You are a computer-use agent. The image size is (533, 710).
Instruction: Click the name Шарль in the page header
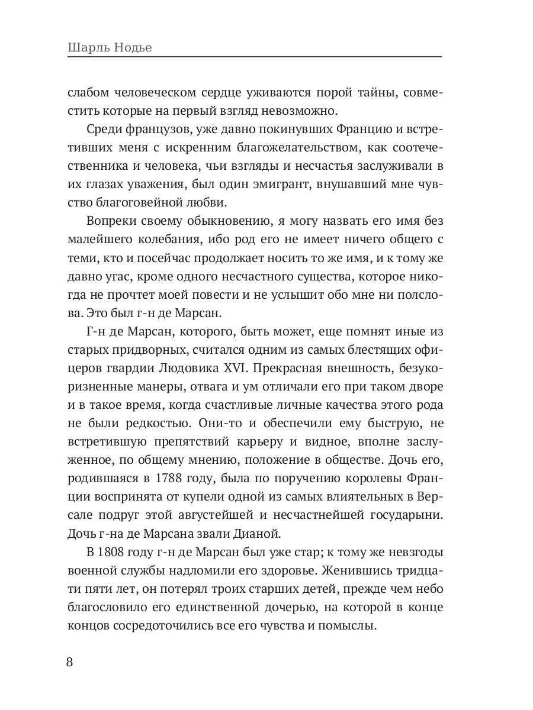[84, 47]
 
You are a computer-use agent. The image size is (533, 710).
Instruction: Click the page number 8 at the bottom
[70, 661]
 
